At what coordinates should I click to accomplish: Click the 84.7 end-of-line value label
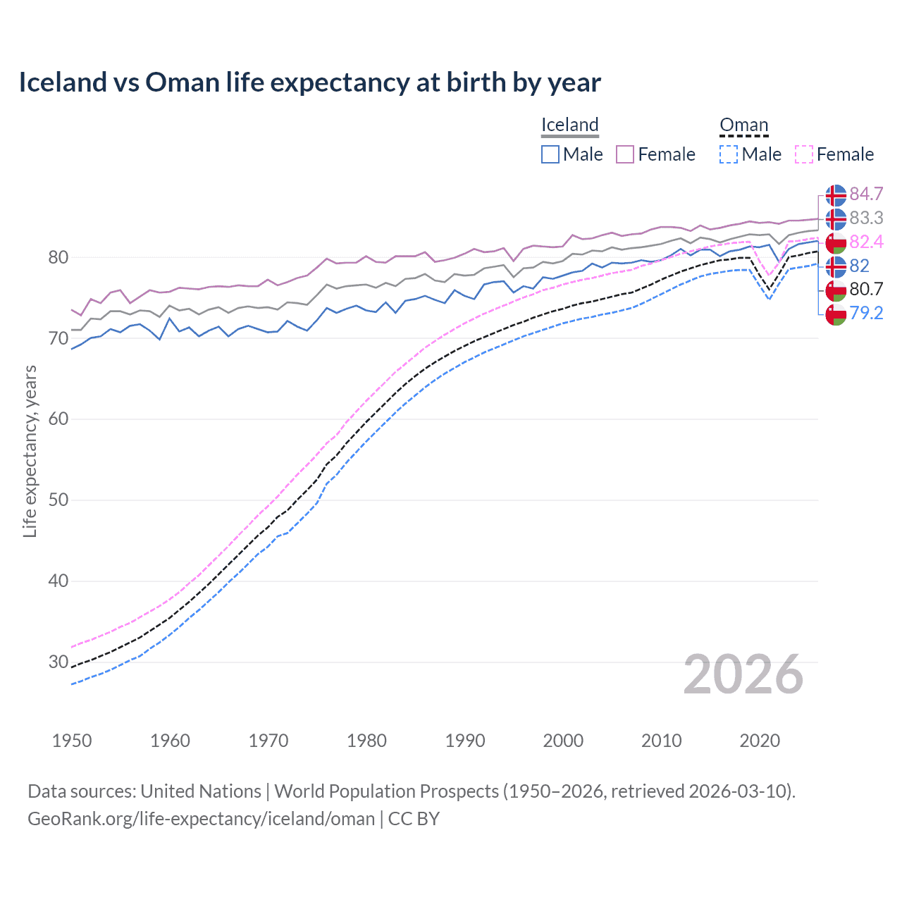point(866,194)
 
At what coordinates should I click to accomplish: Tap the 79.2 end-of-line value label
point(866,314)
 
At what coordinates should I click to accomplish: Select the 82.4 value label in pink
point(866,242)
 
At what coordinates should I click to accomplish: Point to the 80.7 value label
point(866,290)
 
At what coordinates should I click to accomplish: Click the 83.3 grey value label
point(866,218)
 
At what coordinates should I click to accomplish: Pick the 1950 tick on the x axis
point(72,741)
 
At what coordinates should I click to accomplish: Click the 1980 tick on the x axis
point(366,741)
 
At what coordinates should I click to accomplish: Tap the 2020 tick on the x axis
point(760,741)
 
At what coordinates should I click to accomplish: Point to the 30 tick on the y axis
point(58,662)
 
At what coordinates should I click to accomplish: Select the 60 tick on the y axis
point(58,419)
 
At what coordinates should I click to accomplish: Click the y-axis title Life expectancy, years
point(30,451)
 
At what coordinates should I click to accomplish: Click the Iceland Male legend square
point(550,154)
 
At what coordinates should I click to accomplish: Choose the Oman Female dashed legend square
point(804,154)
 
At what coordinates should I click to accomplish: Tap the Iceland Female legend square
point(625,154)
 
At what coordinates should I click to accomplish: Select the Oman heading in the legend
point(743,125)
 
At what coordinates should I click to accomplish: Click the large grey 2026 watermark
point(743,675)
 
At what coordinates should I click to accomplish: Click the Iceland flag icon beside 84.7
point(836,194)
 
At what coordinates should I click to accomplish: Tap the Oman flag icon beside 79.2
point(836,314)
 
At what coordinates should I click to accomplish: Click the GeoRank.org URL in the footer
point(201,819)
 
